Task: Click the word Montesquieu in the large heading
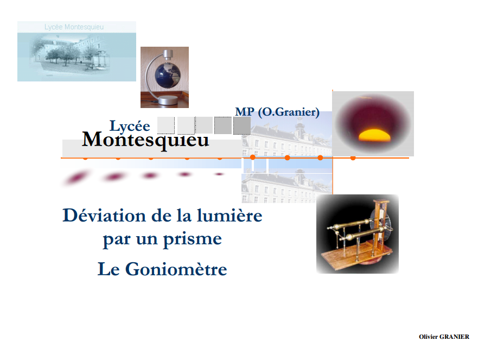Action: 145,140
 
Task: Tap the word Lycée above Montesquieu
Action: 130,126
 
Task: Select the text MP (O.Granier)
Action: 277,112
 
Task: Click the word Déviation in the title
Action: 97,216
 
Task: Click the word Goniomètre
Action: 176,269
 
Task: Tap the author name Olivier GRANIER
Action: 444,337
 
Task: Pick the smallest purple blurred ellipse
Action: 219,174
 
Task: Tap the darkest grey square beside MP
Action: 241,125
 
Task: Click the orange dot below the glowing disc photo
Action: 353,157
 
